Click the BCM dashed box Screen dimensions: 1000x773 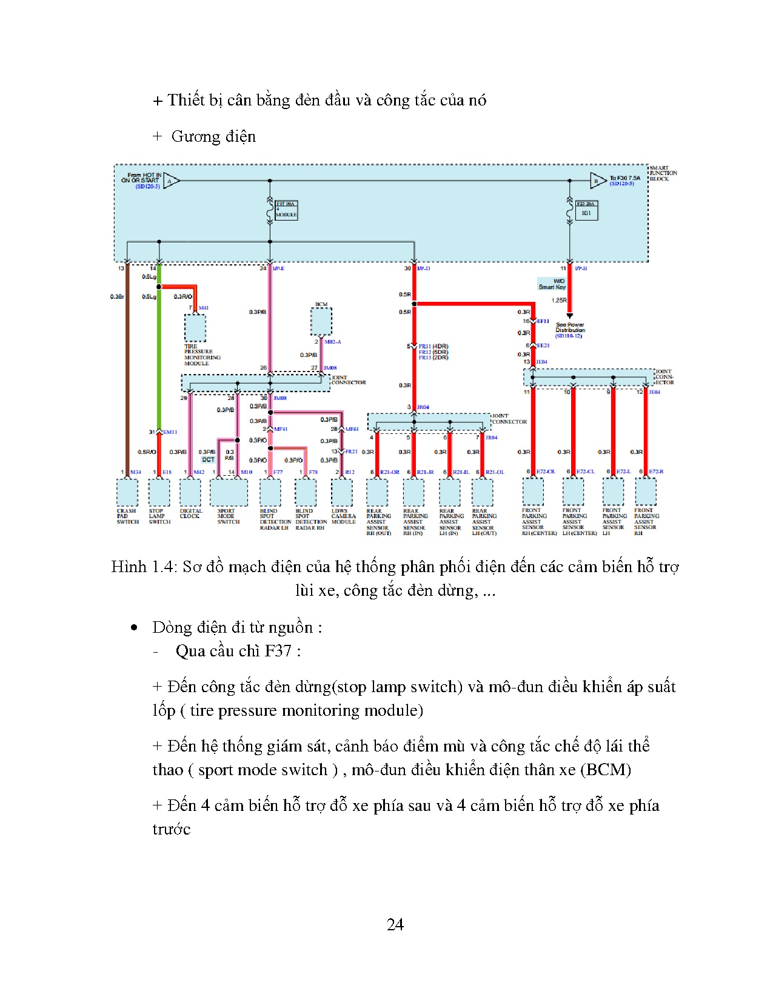pyautogui.click(x=321, y=321)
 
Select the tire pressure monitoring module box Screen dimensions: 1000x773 pyautogui.click(x=195, y=328)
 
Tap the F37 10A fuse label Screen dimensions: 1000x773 pyautogui.click(x=286, y=205)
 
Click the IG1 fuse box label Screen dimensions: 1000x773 pyautogui.click(x=586, y=213)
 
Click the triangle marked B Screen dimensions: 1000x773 pyautogui.click(x=597, y=181)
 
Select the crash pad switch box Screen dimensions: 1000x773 pyautogui.click(x=127, y=492)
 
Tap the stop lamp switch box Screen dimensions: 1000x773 pyautogui.click(x=159, y=492)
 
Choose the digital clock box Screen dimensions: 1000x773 pyautogui.click(x=190, y=492)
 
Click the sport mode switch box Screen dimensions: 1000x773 pyautogui.click(x=229, y=492)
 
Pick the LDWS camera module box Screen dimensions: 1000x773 pyautogui.click(x=342, y=492)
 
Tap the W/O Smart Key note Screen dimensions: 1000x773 pyautogui.click(x=552, y=284)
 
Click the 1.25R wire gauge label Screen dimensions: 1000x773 pyautogui.click(x=558, y=300)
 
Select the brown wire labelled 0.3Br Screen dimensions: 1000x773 pyautogui.click(x=127, y=364)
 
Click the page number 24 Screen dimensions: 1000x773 pyautogui.click(x=395, y=924)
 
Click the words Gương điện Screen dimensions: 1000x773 pyautogui.click(x=213, y=136)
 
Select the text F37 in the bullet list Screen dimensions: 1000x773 pyautogui.click(x=278, y=651)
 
